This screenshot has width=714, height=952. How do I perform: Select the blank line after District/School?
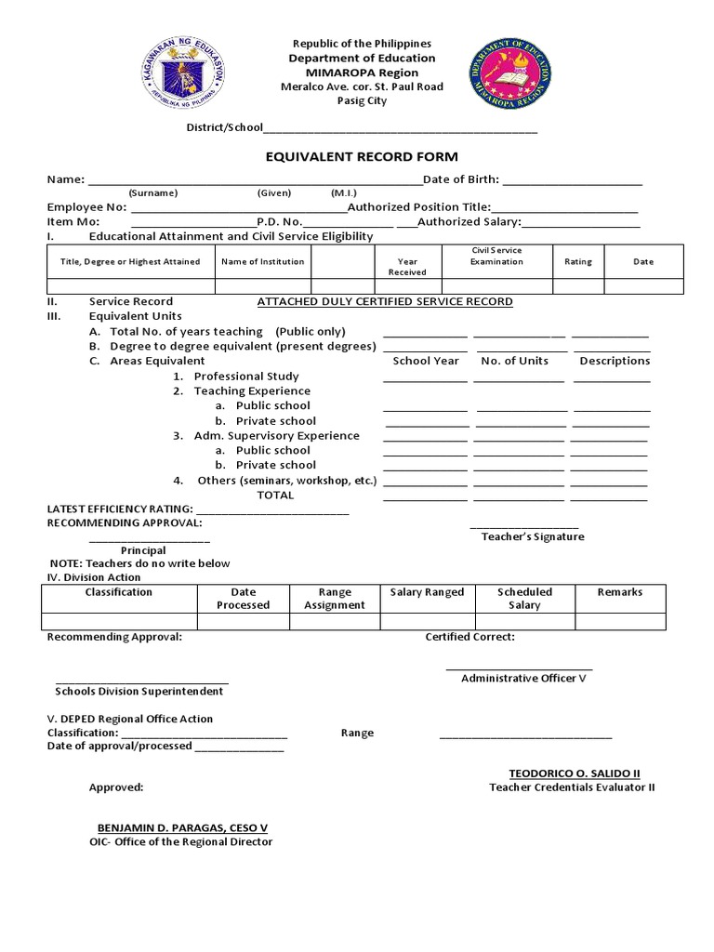tap(401, 130)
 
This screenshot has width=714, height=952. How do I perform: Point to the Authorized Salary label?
tap(469, 222)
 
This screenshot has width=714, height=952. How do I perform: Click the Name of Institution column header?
tap(263, 261)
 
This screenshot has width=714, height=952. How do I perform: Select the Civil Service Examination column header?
tap(496, 256)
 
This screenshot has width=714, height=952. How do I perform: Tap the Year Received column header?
tap(407, 267)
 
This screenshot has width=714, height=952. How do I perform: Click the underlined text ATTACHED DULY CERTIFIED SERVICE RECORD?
tap(384, 301)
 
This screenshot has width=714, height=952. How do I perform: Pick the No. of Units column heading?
tap(514, 361)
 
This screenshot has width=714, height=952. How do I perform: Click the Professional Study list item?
tap(246, 377)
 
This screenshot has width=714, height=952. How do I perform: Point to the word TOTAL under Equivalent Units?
tap(275, 495)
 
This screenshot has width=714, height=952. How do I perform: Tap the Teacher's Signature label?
tap(533, 536)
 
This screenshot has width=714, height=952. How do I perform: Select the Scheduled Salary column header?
tap(524, 598)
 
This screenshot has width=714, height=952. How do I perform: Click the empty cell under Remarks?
tap(620, 621)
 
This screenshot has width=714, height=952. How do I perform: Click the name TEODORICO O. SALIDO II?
tap(575, 773)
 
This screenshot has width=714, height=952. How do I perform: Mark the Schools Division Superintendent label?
tap(139, 691)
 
